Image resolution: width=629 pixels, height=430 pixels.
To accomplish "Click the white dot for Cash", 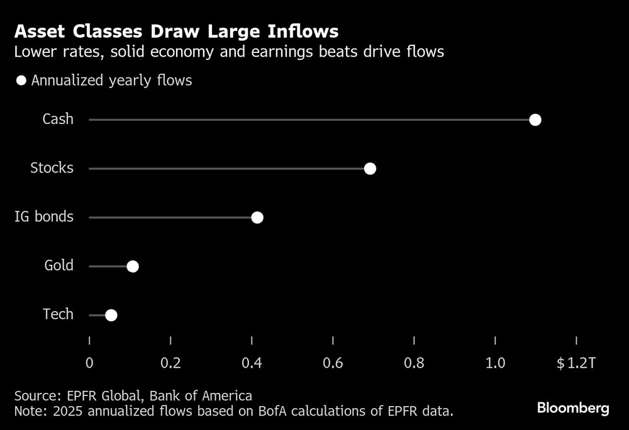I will click(535, 120).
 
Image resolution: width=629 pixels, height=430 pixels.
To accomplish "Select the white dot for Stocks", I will click(370, 169).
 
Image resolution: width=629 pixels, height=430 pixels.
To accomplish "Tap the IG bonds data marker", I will click(257, 218).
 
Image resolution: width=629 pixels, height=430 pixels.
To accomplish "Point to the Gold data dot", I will click(132, 266).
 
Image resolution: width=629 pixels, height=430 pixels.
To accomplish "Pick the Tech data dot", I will click(111, 315).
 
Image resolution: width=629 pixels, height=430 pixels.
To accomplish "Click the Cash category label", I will click(58, 119).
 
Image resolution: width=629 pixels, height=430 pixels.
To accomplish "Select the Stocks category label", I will click(52, 168).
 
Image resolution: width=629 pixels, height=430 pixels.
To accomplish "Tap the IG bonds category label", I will click(44, 217).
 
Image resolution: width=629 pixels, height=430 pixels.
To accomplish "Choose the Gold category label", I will click(59, 266).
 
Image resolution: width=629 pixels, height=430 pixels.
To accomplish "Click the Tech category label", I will click(58, 314).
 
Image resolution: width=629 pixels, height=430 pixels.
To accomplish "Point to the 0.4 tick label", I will click(252, 363).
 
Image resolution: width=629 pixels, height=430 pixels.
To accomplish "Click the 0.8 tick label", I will click(414, 363).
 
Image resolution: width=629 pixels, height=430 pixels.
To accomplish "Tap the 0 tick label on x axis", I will click(89, 363).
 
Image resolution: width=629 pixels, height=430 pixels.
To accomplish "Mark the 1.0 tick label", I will click(496, 363).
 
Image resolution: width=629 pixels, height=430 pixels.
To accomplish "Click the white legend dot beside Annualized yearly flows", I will click(21, 81).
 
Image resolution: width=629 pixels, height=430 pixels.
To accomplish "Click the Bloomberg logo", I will click(573, 409).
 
